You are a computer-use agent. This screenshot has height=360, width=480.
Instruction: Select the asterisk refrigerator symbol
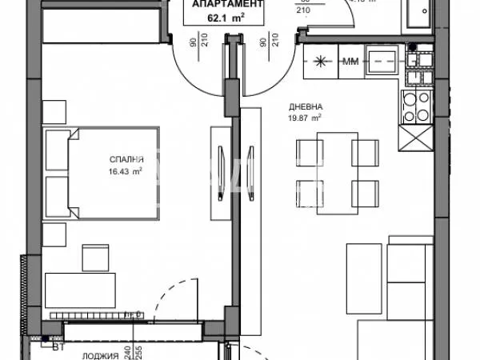pyautogui.click(x=321, y=62)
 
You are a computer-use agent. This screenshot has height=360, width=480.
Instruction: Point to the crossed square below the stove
pyautogui.click(x=416, y=140)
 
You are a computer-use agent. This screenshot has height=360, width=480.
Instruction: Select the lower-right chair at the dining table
pyautogui.click(x=364, y=192)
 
